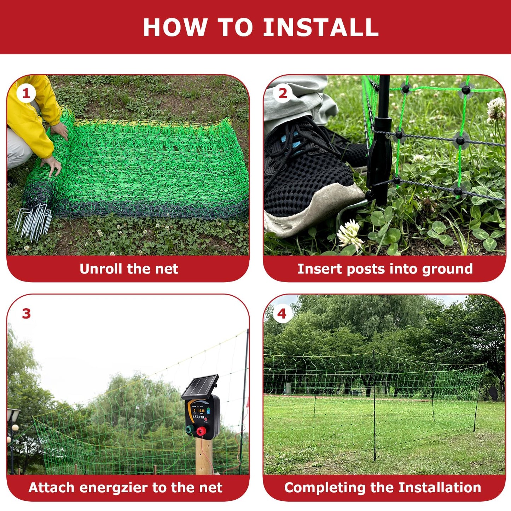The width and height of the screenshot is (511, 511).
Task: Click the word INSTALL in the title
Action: tap(321, 28)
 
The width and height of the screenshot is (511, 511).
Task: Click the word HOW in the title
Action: tap(175, 28)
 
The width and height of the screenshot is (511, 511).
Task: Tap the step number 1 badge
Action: tap(26, 94)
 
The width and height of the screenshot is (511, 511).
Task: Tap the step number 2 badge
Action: tap(283, 94)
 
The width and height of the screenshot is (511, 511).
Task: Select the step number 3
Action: tap(26, 314)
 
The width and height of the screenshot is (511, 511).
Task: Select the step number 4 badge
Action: tap(281, 314)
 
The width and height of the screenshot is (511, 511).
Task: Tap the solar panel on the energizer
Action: tap(200, 387)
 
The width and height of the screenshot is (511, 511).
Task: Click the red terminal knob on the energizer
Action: tap(201, 431)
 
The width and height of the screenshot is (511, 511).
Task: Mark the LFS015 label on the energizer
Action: tap(198, 417)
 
